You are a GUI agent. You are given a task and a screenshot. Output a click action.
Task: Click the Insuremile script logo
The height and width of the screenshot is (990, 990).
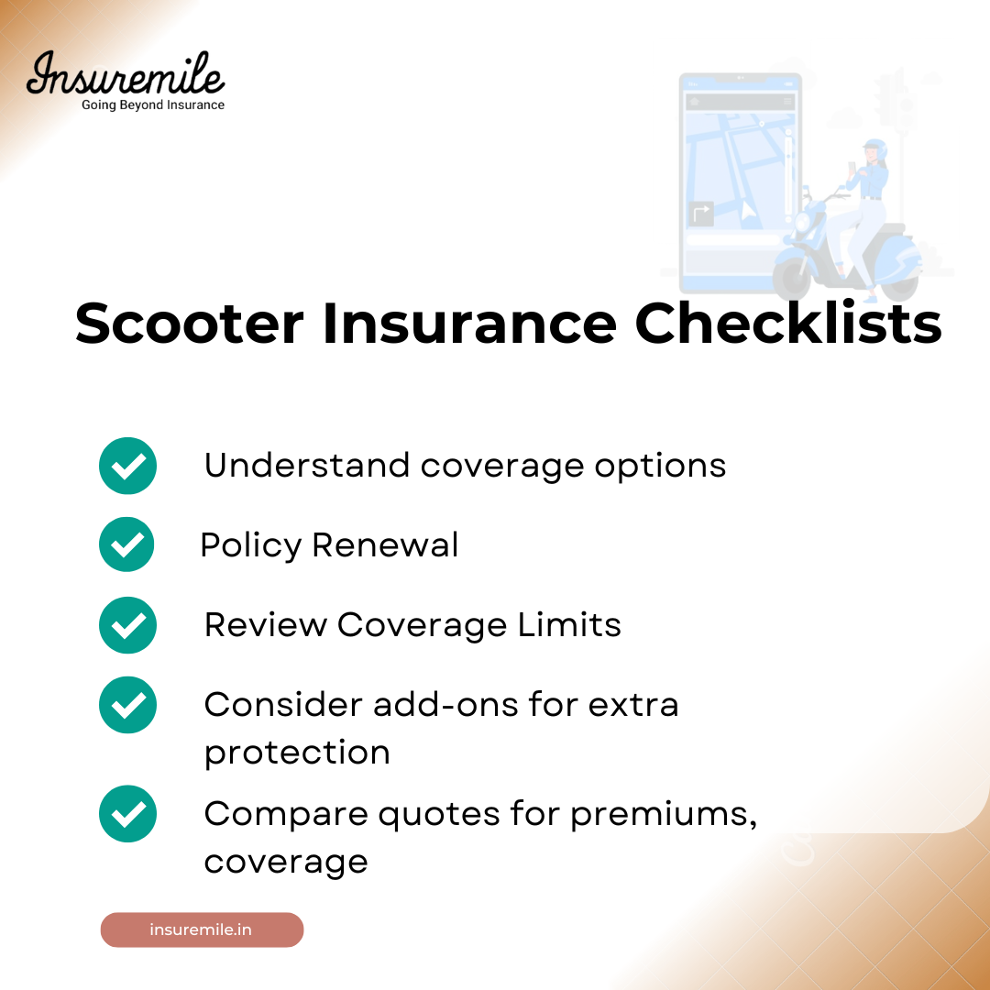[125, 74]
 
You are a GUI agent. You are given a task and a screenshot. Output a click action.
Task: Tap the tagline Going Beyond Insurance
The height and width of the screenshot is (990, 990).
[153, 105]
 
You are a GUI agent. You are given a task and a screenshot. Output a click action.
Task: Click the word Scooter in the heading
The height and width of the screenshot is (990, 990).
[189, 324]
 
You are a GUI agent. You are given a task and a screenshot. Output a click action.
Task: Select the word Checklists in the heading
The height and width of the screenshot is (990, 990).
[788, 324]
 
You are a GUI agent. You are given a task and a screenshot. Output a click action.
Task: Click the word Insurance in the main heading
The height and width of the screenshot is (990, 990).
[469, 324]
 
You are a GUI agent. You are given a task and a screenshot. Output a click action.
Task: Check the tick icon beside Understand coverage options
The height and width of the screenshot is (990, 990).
[127, 466]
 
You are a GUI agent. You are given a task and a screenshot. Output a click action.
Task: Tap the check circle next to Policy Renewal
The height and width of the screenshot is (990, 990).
[126, 544]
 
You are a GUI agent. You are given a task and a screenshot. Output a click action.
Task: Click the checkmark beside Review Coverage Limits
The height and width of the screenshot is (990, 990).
[127, 624]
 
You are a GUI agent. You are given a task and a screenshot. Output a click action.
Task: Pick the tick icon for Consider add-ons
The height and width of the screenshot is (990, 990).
[127, 704]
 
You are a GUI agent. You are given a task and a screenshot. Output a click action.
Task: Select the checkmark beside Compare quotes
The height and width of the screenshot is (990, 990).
[127, 814]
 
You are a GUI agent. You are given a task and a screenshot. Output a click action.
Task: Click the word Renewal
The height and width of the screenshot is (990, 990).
[385, 545]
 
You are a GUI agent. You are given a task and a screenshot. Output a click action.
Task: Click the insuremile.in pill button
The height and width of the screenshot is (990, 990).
[202, 929]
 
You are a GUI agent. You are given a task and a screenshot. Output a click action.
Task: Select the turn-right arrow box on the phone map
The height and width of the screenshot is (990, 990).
[701, 214]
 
